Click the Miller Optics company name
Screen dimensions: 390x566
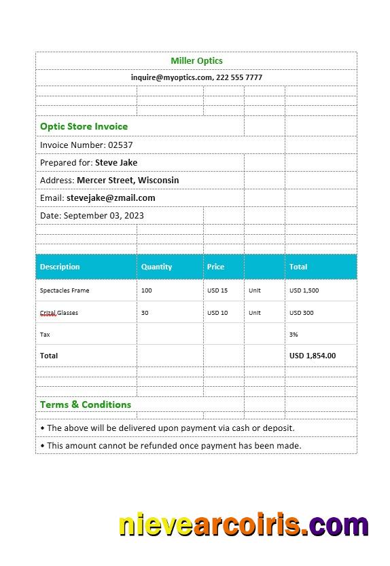click(x=196, y=61)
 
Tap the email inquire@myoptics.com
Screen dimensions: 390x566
click(x=171, y=77)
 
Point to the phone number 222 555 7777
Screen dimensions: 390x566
click(x=239, y=77)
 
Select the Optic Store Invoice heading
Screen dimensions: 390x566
click(x=84, y=126)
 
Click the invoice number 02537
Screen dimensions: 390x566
click(x=120, y=145)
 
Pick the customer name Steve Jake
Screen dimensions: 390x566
click(x=116, y=163)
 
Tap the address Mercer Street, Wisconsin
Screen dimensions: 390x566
click(x=128, y=181)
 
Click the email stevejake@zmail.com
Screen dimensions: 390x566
click(x=111, y=198)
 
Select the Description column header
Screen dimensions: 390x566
click(x=60, y=267)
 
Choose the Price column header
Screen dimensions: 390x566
click(x=215, y=267)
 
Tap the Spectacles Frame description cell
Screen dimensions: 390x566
click(x=65, y=290)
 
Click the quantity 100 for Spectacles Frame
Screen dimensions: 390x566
click(x=147, y=290)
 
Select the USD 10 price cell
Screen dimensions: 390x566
click(x=217, y=313)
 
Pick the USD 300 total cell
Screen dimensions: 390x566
click(x=302, y=313)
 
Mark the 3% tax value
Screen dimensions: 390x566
click(x=294, y=335)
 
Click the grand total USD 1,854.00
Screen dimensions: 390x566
click(x=313, y=356)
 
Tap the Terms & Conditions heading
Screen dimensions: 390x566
click(x=86, y=404)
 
